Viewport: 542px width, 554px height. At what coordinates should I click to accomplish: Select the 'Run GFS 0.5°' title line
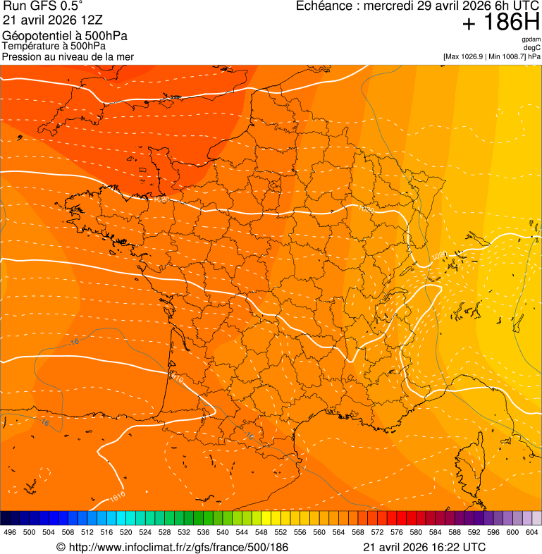[x=43, y=7]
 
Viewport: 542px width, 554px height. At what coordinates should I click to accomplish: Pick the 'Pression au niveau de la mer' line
[x=68, y=56]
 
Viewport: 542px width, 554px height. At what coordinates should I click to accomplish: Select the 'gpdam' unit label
[x=531, y=39]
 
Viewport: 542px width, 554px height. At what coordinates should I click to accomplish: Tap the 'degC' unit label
[x=533, y=47]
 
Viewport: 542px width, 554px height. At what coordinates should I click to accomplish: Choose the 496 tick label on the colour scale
[x=10, y=532]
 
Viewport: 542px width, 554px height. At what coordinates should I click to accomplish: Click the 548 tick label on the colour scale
[x=261, y=532]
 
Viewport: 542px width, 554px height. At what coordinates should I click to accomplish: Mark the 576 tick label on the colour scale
[x=397, y=532]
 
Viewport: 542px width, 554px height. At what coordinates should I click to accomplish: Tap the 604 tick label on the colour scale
[x=532, y=532]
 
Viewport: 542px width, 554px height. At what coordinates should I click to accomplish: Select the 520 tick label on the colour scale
[x=126, y=532]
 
